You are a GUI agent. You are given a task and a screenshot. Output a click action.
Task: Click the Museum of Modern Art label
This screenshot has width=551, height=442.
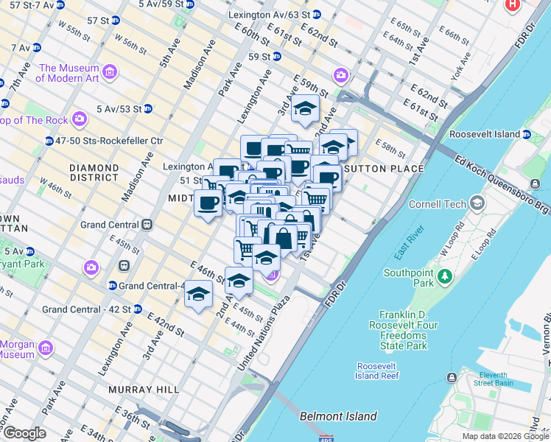70,72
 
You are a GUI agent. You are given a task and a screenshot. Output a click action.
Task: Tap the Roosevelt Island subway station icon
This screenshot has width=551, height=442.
527,135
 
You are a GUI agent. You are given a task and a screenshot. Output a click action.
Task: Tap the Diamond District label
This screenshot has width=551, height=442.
94,172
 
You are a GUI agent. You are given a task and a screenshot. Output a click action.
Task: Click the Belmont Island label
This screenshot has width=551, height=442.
338,416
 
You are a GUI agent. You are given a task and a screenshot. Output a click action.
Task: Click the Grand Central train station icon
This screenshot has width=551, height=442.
147,224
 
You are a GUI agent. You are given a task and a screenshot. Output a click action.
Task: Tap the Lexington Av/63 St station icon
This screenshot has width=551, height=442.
316,14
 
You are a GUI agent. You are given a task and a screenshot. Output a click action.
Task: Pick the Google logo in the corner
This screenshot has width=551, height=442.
24,433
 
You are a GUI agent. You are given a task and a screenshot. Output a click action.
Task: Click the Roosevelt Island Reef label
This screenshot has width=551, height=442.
377,371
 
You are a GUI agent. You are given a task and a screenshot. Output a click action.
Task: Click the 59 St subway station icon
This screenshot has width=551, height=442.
275,56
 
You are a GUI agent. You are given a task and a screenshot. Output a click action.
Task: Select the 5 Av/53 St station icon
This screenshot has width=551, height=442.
147,108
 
